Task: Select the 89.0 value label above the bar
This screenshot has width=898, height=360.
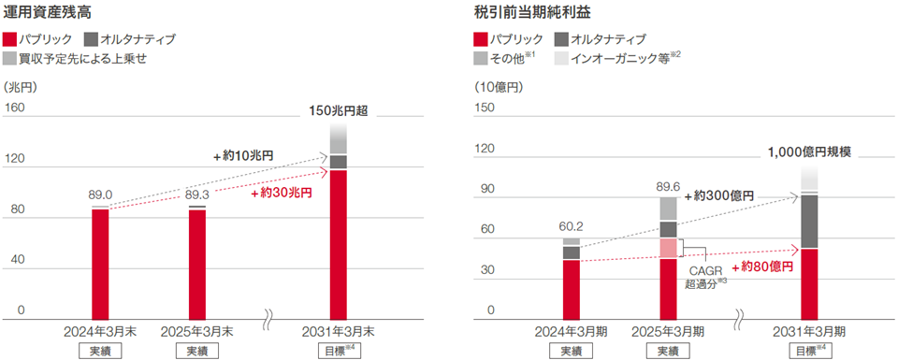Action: (x=100, y=194)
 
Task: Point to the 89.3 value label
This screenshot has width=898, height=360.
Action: (x=197, y=194)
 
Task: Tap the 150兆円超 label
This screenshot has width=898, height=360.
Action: (x=338, y=110)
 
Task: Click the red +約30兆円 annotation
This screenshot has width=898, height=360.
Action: (x=282, y=193)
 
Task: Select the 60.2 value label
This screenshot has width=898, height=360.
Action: (x=572, y=225)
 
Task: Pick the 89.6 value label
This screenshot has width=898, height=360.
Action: (x=668, y=184)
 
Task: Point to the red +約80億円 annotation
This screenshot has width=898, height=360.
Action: (x=760, y=266)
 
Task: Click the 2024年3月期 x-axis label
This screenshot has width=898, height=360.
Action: (x=572, y=331)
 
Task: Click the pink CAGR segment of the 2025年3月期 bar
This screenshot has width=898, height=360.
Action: (x=668, y=248)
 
